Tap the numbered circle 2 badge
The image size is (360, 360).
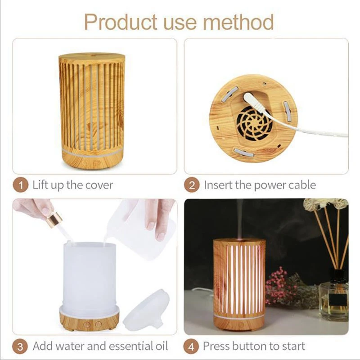click(x=193, y=184)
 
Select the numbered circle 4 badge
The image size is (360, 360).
click(x=193, y=346)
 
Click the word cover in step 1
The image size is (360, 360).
click(x=98, y=184)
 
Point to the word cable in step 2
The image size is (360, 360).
click(x=301, y=184)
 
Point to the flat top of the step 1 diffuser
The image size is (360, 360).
click(x=92, y=57)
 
